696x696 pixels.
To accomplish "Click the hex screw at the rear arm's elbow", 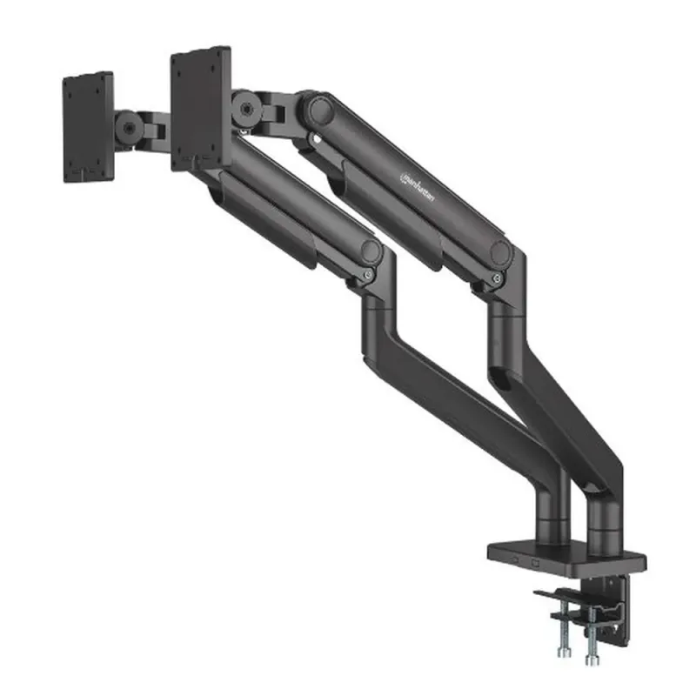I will click(498, 278).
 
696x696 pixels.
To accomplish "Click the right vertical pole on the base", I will click(604, 522).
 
